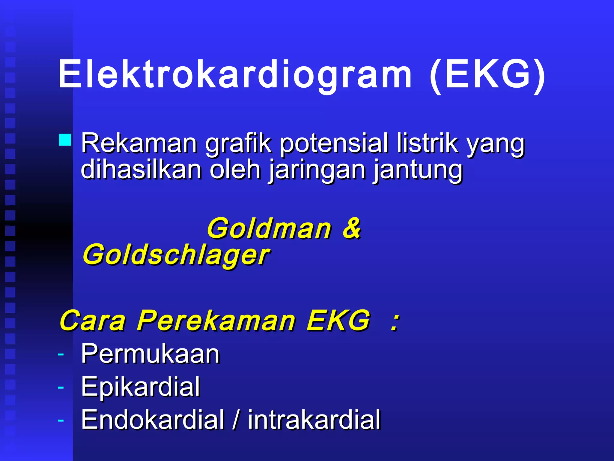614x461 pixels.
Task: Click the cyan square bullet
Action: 65,140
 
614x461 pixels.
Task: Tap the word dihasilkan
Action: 141,170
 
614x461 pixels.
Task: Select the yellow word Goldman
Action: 269,229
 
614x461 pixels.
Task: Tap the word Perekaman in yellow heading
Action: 216,321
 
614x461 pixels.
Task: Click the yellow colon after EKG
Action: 395,321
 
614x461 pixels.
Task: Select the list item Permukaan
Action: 151,354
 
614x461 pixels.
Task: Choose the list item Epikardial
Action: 141,387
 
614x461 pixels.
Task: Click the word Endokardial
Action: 153,419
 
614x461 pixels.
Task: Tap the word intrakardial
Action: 314,419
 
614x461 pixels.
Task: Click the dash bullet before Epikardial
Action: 61,387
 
